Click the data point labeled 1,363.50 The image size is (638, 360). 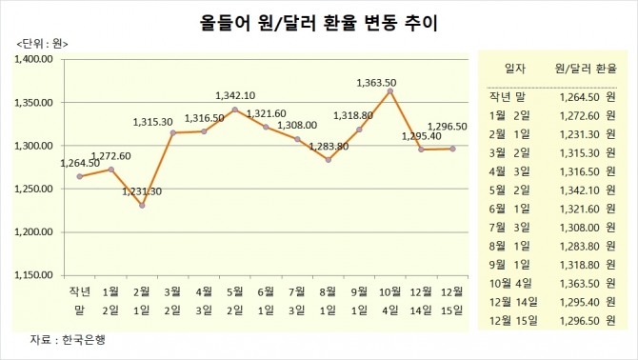coord(390,91)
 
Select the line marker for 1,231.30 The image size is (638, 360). coord(142,205)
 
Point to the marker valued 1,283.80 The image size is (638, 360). coord(329,160)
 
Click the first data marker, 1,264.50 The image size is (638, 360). coord(80,176)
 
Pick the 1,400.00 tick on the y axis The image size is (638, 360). coord(36,59)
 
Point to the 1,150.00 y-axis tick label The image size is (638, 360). coord(36,274)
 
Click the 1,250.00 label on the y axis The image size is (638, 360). coord(36,189)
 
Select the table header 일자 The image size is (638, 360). coord(513,69)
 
